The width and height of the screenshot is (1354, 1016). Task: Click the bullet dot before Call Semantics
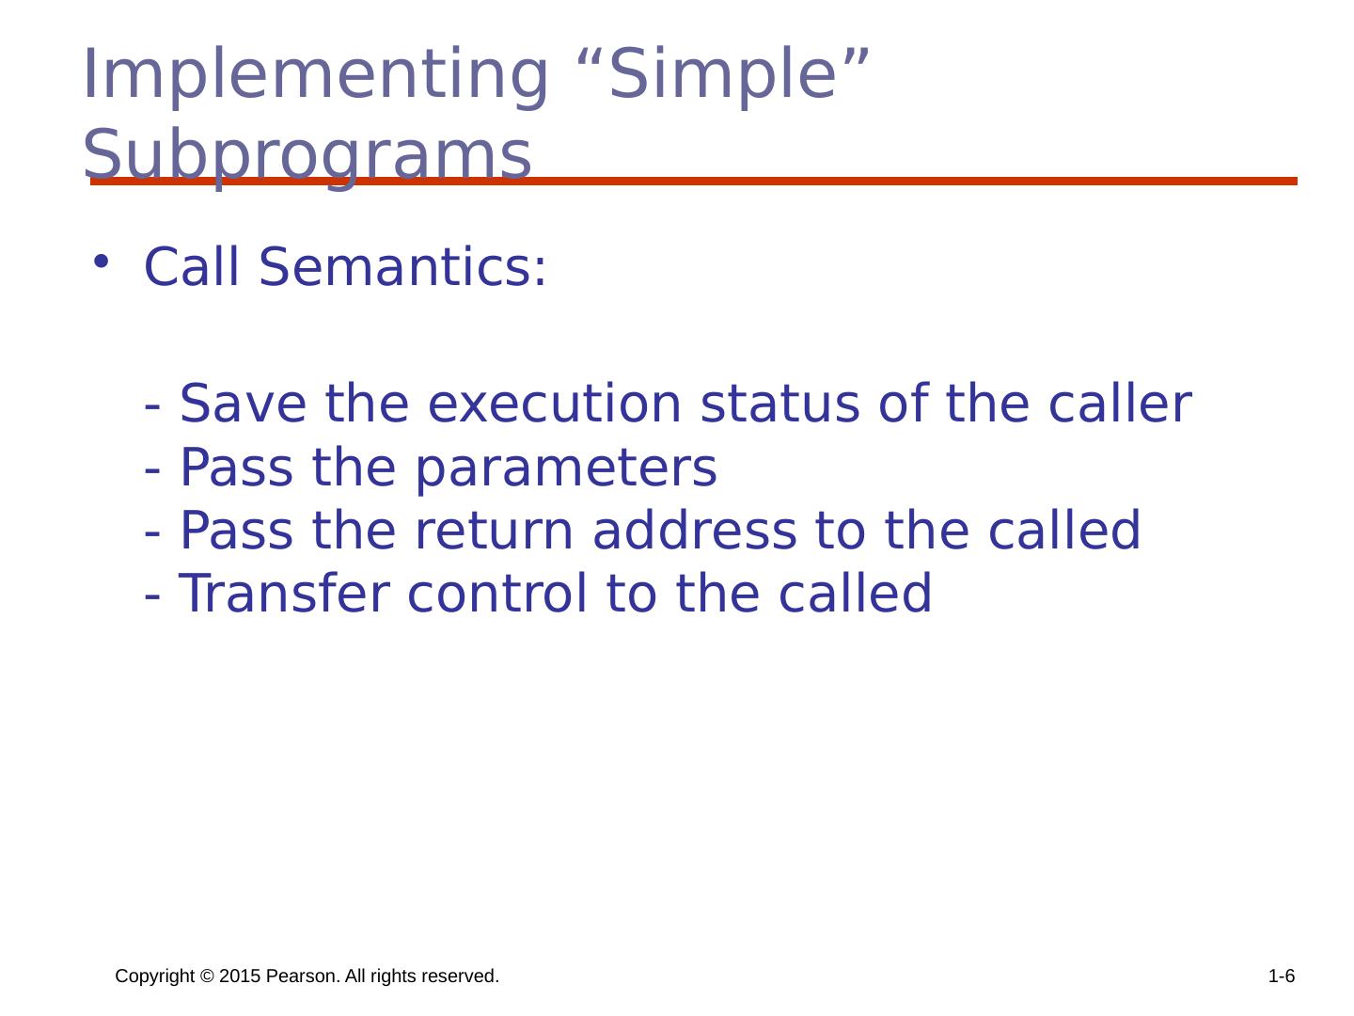[x=101, y=262]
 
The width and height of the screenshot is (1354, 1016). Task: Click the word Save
[x=243, y=404]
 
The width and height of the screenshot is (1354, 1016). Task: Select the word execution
[x=555, y=405]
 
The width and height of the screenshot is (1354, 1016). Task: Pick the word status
[x=780, y=405]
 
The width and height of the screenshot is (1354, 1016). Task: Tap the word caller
[x=1120, y=404]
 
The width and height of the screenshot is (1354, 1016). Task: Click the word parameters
[x=566, y=468]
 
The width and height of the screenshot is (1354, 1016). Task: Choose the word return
[x=494, y=532]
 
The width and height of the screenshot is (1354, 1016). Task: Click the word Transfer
[x=284, y=593]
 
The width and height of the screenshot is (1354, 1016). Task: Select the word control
[x=497, y=593]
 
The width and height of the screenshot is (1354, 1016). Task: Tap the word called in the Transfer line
[x=855, y=593]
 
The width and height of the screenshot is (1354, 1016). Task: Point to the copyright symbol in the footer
[x=207, y=976]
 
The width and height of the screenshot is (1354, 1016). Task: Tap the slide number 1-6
[x=1282, y=976]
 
